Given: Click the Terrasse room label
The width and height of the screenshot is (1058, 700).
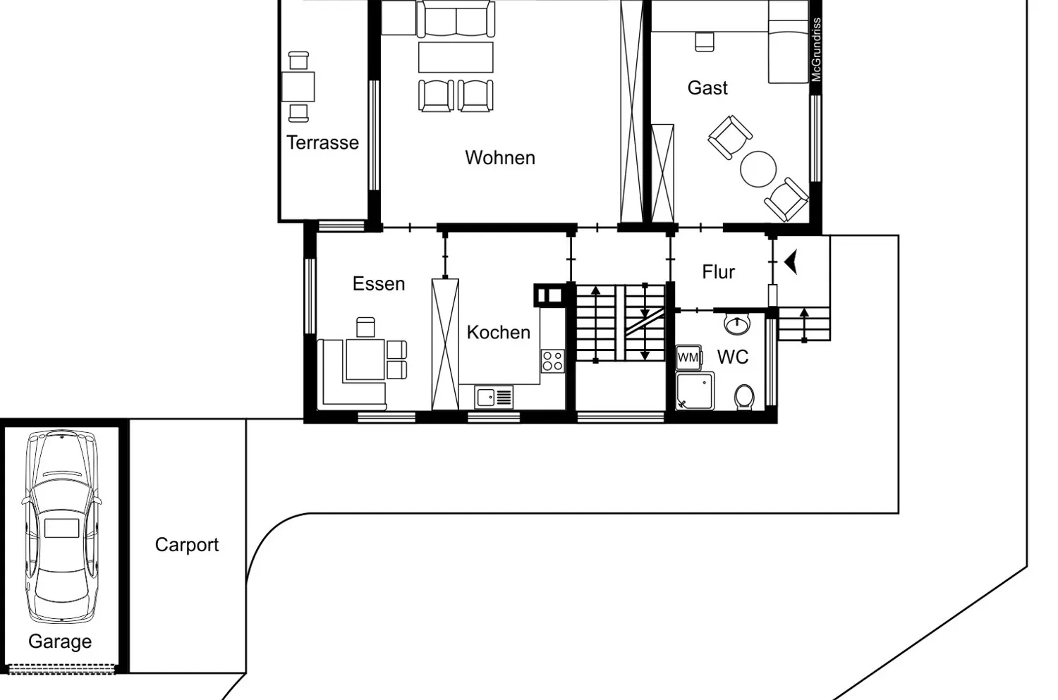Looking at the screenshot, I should pyautogui.click(x=322, y=142).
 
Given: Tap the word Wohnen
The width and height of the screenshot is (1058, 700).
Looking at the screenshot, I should pyautogui.click(x=499, y=157).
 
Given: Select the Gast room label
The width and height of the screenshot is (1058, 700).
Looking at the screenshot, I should pyautogui.click(x=707, y=88).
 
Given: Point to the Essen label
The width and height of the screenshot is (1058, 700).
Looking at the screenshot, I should pyautogui.click(x=379, y=283).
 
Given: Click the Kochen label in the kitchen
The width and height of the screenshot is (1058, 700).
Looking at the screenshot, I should pyautogui.click(x=498, y=332).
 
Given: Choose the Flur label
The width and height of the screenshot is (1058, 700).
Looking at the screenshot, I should pyautogui.click(x=718, y=272).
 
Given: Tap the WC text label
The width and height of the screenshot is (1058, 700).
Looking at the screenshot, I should pyautogui.click(x=732, y=357).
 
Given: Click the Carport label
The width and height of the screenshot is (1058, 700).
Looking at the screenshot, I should pyautogui.click(x=187, y=545).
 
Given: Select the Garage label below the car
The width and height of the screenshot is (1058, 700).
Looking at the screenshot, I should pyautogui.click(x=60, y=641).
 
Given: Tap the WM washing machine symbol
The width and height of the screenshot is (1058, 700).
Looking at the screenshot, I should pyautogui.click(x=688, y=357).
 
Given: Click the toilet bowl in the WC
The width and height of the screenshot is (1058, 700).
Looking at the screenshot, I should pyautogui.click(x=743, y=397).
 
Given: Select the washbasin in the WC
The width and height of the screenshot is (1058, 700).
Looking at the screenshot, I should pyautogui.click(x=736, y=324).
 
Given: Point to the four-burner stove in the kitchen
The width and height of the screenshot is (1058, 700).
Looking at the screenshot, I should pyautogui.click(x=552, y=361).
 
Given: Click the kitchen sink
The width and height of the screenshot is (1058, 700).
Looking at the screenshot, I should pyautogui.click(x=493, y=398).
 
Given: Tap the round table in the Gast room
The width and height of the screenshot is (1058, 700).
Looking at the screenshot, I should pyautogui.click(x=758, y=169).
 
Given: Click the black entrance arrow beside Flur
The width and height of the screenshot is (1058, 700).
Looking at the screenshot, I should pyautogui.click(x=791, y=262).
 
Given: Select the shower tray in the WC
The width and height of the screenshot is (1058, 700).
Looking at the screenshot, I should pyautogui.click(x=695, y=391).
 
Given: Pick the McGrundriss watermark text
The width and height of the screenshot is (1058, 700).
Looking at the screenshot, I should pyautogui.click(x=816, y=50).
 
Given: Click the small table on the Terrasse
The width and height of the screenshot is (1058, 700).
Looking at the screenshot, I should pyautogui.click(x=298, y=87).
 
